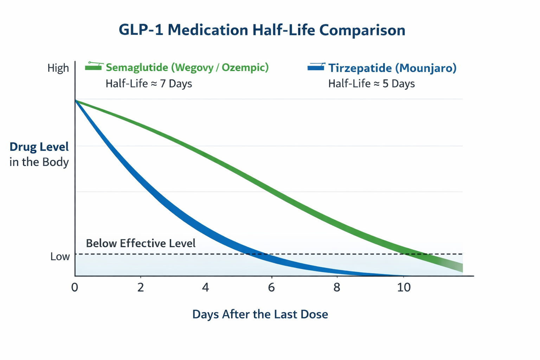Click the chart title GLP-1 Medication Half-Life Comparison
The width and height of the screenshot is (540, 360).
tap(262, 30)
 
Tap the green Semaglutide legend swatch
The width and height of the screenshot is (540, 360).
tap(94, 67)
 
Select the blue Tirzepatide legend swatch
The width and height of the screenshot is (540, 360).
tap(316, 67)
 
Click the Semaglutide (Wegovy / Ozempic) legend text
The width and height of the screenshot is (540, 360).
tap(187, 67)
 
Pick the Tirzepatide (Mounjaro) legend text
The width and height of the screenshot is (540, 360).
tap(392, 68)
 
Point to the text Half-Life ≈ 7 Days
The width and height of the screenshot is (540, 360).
tap(149, 84)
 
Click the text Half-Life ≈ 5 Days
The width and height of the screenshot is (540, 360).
tap(371, 84)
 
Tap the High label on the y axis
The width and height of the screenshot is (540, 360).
tap(58, 68)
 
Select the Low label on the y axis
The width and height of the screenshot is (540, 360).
tap(60, 257)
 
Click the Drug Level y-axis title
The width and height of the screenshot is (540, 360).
tap(39, 147)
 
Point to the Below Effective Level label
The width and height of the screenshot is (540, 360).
tap(141, 243)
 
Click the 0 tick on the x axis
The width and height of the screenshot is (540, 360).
tap(75, 288)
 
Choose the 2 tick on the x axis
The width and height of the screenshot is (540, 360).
tap(141, 288)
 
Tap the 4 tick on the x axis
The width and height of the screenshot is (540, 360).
tap(206, 288)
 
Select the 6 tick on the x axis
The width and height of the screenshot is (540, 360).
tap(271, 288)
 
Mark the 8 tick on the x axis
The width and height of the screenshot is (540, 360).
tap(337, 288)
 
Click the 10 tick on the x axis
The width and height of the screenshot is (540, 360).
tap(404, 288)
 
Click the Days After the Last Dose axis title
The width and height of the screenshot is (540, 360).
tap(260, 314)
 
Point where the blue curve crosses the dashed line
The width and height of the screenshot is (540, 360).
tap(256, 254)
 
